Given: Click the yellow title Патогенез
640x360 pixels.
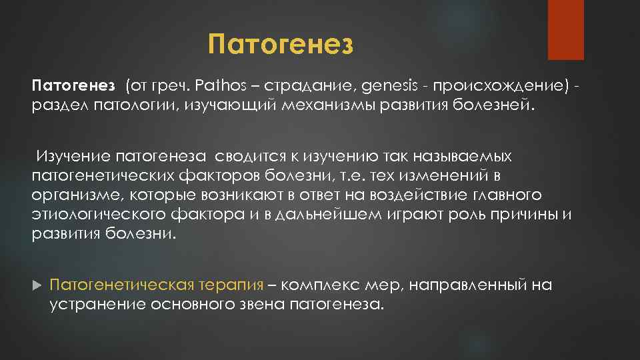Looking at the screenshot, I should [x=279, y=45].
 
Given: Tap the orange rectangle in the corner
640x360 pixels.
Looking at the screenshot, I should [x=565, y=29].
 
